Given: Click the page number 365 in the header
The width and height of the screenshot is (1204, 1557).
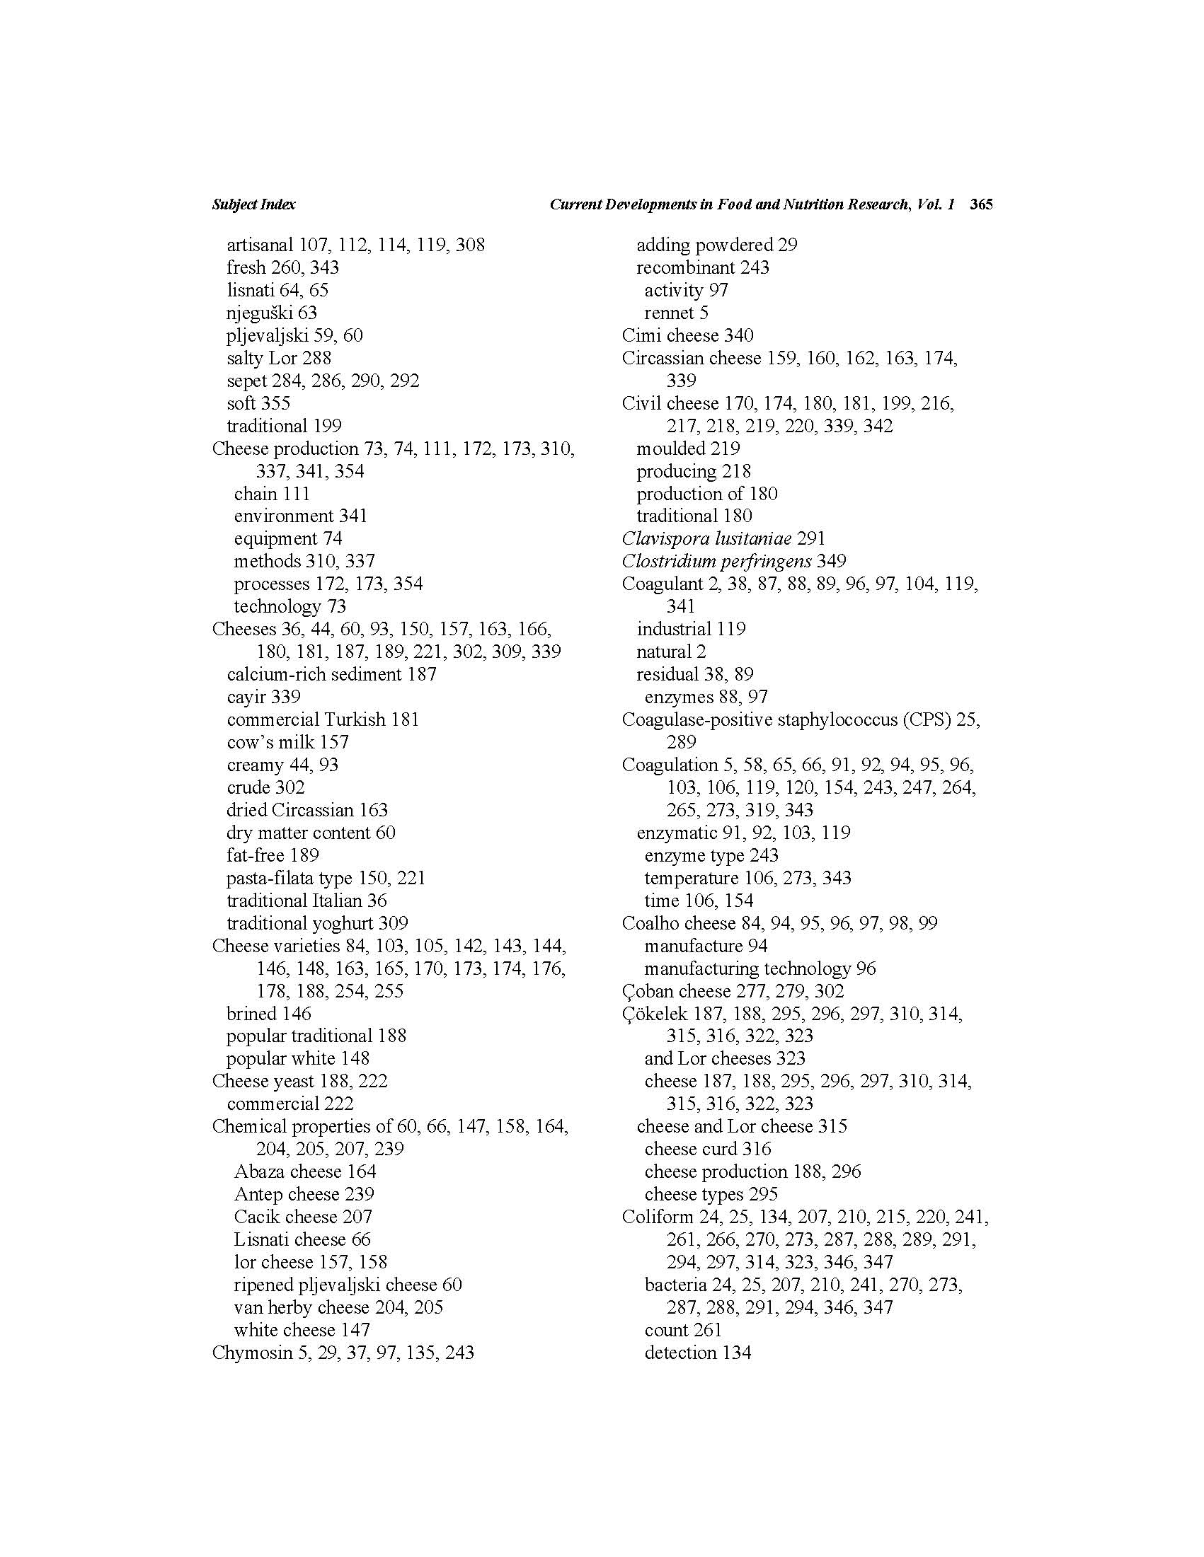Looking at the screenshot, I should pyautogui.click(x=981, y=204).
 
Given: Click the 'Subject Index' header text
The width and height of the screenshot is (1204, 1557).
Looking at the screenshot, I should pyautogui.click(x=253, y=204).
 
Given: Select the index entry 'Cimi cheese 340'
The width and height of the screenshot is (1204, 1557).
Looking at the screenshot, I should pyautogui.click(x=687, y=335).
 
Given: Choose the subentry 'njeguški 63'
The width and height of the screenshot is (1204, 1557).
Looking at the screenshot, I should pyautogui.click(x=271, y=312).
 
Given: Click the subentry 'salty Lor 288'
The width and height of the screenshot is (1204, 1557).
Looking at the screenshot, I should pyautogui.click(x=279, y=358).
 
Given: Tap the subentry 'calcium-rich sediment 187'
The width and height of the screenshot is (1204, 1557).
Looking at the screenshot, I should pyautogui.click(x=331, y=673).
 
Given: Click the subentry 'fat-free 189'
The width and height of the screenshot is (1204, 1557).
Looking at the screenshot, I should pyautogui.click(x=273, y=855).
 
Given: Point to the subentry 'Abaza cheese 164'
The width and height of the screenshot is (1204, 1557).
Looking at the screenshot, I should pyautogui.click(x=304, y=1171).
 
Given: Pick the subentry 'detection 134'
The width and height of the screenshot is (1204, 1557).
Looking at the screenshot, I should pyautogui.click(x=698, y=1353).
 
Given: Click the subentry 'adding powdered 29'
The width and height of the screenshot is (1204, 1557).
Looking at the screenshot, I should pyautogui.click(x=716, y=245).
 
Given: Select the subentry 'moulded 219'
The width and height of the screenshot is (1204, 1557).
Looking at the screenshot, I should pyautogui.click(x=687, y=448).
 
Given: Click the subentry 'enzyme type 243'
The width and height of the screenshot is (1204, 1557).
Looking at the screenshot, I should pyautogui.click(x=711, y=855).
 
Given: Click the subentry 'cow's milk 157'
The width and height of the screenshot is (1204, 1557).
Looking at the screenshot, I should pyautogui.click(x=287, y=742).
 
